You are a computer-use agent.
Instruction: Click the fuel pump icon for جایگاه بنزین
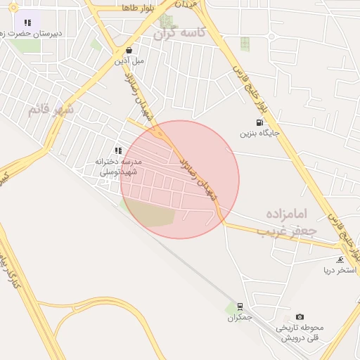point(261,122)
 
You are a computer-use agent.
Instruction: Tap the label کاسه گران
point(181,32)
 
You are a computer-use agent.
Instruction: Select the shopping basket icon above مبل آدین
point(129,51)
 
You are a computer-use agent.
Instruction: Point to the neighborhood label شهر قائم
point(50,109)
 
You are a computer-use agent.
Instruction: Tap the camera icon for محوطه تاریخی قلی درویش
point(300,317)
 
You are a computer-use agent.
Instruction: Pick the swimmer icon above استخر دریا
point(340,259)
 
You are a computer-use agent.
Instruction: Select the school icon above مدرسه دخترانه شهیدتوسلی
point(118,150)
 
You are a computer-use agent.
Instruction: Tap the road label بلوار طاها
point(138,7)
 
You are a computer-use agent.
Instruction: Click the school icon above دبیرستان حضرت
point(27,22)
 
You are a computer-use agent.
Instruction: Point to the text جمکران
point(239,318)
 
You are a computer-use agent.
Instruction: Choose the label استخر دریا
point(340,270)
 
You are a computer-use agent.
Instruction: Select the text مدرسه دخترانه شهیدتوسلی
point(118,166)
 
